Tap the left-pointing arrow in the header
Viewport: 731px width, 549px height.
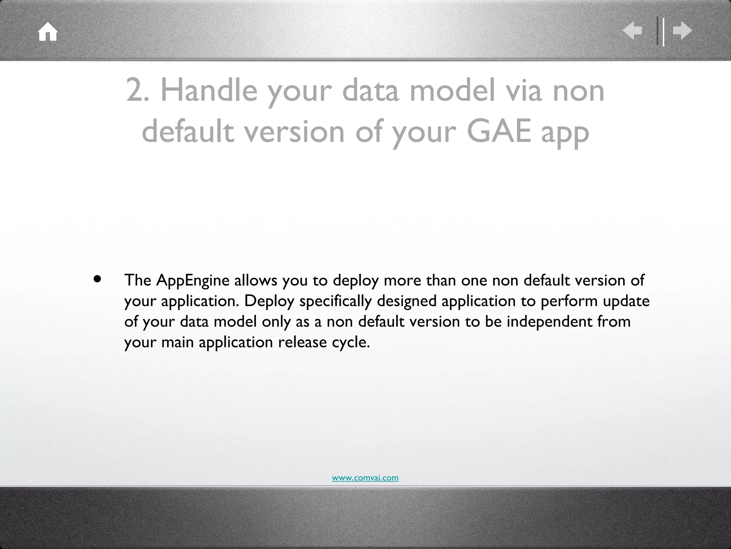pos(632,31)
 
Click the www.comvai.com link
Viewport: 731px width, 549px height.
pos(365,478)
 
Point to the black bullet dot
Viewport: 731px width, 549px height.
pos(97,279)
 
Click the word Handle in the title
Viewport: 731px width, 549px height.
pos(209,90)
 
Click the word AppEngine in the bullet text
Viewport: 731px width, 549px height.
pos(193,281)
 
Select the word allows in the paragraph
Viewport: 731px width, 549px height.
pos(256,281)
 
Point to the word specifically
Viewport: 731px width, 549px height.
pos(335,301)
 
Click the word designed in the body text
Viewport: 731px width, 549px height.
pos(407,301)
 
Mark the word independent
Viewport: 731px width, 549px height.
pos(549,322)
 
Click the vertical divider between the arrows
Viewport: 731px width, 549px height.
pos(661,31)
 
